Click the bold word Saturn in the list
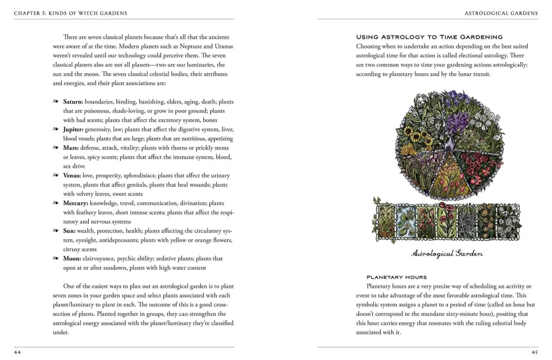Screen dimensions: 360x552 click(x=72, y=101)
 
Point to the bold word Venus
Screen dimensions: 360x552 click(x=72, y=175)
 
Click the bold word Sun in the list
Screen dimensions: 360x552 click(x=68, y=231)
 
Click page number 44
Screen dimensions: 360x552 click(x=18, y=352)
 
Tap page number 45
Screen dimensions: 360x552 click(x=534, y=352)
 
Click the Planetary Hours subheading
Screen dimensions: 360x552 click(x=396, y=277)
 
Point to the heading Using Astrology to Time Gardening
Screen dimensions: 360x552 click(x=429, y=37)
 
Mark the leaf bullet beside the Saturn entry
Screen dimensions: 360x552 click(x=56, y=101)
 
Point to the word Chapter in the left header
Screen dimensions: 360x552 click(x=27, y=13)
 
